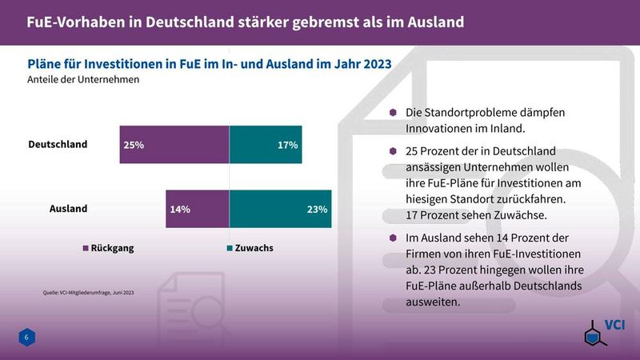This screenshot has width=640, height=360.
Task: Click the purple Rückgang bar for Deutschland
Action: pyautogui.click(x=174, y=145)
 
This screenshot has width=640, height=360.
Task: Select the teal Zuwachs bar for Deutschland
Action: pyautogui.click(x=266, y=145)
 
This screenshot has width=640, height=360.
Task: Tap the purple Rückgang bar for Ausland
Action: pyautogui.click(x=198, y=210)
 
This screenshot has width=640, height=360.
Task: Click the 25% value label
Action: pyautogui.click(x=134, y=146)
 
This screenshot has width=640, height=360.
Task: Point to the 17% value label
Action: pyautogui.click(x=288, y=146)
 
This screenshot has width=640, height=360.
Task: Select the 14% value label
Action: pyautogui.click(x=179, y=210)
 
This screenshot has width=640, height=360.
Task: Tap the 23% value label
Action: pyautogui.click(x=318, y=210)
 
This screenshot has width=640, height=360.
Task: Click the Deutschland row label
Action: pyautogui.click(x=58, y=145)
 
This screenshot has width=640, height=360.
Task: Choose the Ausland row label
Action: pyautogui.click(x=69, y=210)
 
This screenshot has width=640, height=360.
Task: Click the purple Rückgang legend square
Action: pyautogui.click(x=86, y=248)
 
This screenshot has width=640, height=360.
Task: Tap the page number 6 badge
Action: pyautogui.click(x=26, y=338)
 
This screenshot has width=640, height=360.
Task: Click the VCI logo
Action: pyautogui.click(x=602, y=332)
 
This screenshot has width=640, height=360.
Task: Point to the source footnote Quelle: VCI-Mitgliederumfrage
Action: pyautogui.click(x=88, y=293)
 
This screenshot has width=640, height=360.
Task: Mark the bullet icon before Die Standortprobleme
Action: pyautogui.click(x=393, y=113)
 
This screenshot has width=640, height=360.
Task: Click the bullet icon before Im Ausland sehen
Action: pyautogui.click(x=393, y=237)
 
